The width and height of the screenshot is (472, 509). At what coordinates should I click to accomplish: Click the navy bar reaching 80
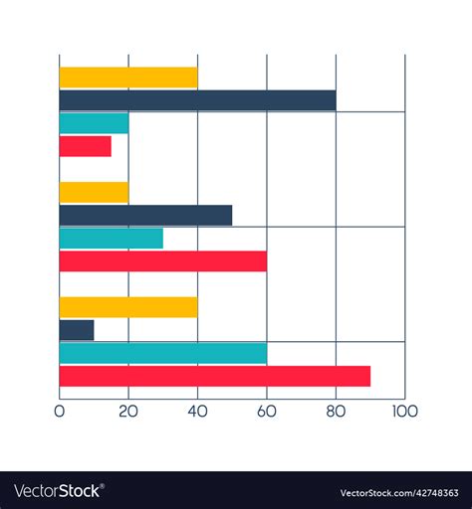tap(197, 100)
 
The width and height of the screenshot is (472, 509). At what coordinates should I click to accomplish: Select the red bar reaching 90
tap(214, 376)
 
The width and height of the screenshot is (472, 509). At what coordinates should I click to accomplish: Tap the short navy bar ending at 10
tap(77, 330)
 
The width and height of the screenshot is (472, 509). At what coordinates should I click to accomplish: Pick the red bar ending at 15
tap(86, 146)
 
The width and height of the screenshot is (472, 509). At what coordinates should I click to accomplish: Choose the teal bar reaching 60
tap(162, 353)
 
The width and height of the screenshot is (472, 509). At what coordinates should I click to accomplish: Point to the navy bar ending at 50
tap(145, 215)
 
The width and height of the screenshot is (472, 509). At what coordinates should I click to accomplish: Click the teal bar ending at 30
tap(111, 239)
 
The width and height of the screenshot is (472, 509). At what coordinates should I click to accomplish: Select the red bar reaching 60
tap(162, 261)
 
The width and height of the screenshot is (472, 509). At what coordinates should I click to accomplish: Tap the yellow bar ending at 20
tap(94, 192)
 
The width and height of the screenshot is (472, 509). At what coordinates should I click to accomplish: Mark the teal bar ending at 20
tap(94, 123)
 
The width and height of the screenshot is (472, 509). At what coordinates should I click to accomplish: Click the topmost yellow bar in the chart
tap(128, 78)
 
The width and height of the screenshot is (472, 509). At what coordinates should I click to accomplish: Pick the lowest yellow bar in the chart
tap(128, 307)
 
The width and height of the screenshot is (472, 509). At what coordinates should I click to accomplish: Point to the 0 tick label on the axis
tap(60, 411)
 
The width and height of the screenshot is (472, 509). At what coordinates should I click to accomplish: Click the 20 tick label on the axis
tap(128, 411)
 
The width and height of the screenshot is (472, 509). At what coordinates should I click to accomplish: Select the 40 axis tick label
tap(197, 411)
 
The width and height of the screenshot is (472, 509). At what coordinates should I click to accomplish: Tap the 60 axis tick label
tap(266, 411)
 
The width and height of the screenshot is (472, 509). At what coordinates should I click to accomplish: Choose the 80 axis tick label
tap(336, 411)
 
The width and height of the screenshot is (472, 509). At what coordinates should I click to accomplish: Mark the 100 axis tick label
tap(404, 411)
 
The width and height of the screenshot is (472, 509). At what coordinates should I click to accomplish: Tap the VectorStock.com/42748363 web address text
tap(398, 492)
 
